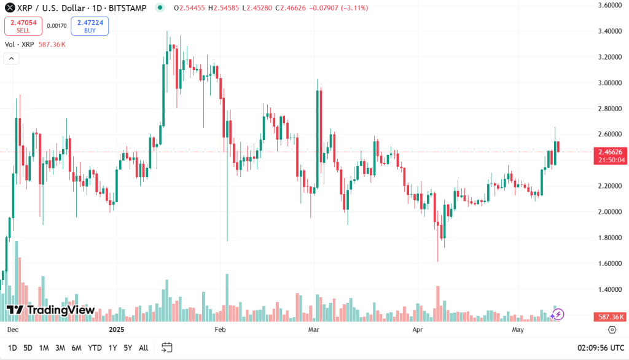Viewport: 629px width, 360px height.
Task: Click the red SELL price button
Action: tap(23, 26)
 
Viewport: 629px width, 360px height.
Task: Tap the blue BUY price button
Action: tap(90, 26)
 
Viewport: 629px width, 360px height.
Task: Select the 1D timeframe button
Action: tap(12, 348)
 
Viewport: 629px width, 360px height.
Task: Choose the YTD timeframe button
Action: tap(95, 348)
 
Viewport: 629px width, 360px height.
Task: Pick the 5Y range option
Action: tap(128, 348)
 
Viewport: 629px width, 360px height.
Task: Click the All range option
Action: tap(143, 348)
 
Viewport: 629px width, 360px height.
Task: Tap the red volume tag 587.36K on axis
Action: tap(611, 317)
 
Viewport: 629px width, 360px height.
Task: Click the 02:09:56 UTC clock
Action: tap(600, 348)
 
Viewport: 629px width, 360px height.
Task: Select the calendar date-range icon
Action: tap(166, 348)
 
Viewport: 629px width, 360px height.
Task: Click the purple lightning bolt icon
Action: tap(557, 315)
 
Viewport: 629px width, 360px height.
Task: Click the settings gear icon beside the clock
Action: tap(611, 330)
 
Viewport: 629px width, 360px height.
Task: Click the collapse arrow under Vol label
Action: tap(11, 58)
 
